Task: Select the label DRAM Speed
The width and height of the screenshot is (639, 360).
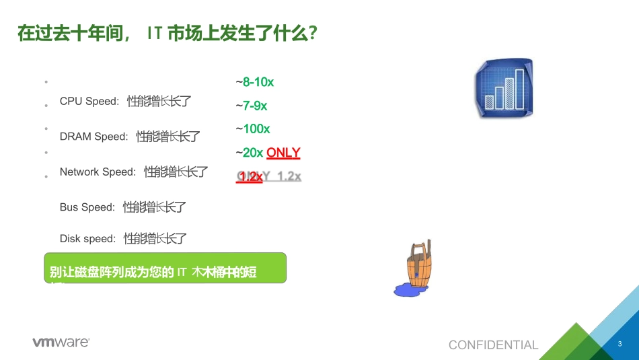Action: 93,137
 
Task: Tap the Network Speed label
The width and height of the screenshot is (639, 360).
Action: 98,172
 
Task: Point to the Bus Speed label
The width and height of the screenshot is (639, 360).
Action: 87,207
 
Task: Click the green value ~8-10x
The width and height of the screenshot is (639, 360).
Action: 255,82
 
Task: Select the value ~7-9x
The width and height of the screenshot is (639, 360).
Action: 252,106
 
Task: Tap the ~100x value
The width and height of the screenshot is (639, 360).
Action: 253,129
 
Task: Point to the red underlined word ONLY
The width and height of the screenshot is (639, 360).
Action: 283,153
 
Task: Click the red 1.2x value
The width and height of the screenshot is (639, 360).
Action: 250,176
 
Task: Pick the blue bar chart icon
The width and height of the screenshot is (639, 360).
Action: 504,88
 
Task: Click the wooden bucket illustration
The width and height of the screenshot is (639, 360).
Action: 418,266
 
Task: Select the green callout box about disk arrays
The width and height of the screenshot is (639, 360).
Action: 165,267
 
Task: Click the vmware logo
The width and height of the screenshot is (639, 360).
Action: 61,343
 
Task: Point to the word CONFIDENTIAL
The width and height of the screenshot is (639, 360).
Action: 493,345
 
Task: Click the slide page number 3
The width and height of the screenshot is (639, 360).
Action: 619,345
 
